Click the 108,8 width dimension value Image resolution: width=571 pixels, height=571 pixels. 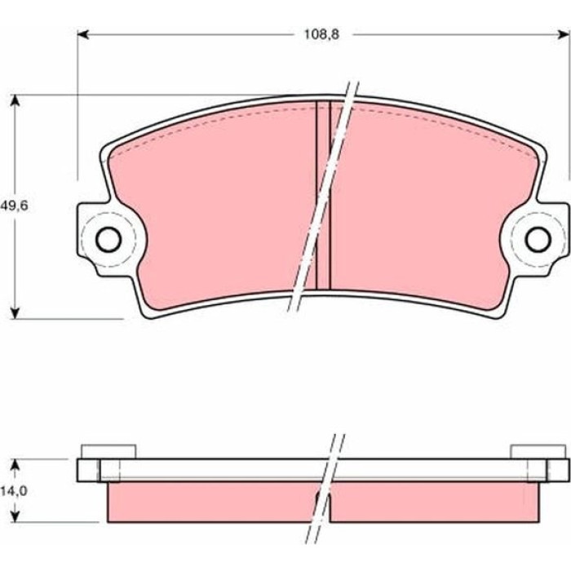point(321,34)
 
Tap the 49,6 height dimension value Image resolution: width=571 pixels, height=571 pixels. point(14,206)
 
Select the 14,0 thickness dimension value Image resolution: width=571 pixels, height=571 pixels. point(14,491)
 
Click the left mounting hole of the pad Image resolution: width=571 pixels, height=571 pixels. point(108,239)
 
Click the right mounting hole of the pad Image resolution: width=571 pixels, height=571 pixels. point(538,239)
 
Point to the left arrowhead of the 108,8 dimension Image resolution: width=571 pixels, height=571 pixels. point(83,34)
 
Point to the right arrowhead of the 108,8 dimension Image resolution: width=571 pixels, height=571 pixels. point(564,34)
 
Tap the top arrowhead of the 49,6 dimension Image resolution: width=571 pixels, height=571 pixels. point(15,100)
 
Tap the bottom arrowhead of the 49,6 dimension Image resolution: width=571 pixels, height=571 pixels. point(15,312)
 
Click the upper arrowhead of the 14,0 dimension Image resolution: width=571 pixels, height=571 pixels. point(15,464)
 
